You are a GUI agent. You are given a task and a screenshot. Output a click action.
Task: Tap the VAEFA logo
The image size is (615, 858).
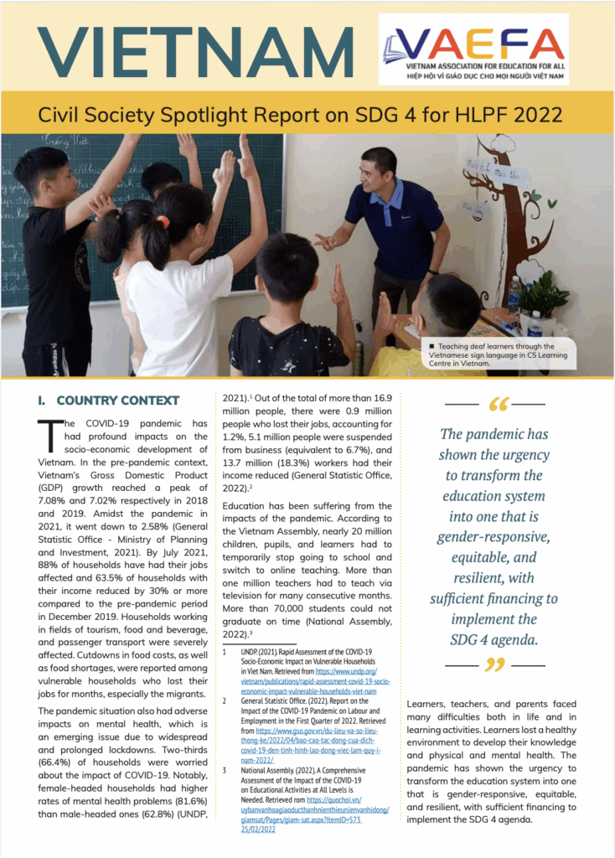pyautogui.click(x=473, y=49)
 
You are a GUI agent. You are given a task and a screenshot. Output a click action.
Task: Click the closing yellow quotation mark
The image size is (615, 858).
pyautogui.click(x=495, y=665)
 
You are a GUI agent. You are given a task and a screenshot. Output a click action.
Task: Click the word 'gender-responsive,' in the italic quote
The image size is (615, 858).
pyautogui.click(x=494, y=535)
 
